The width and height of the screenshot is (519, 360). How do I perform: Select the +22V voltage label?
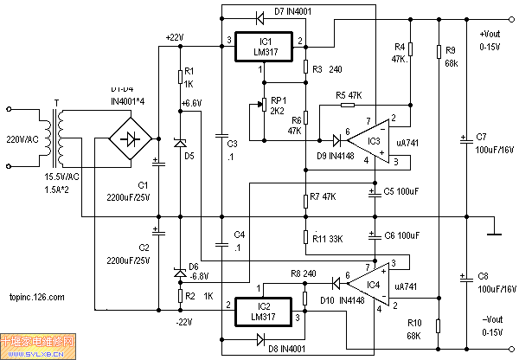pyautogui.click(x=175, y=36)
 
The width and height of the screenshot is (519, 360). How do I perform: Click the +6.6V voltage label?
pyautogui.click(x=192, y=103)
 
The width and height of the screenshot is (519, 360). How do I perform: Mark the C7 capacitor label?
pyautogui.click(x=481, y=137)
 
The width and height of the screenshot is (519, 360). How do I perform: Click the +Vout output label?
pyautogui.click(x=491, y=35)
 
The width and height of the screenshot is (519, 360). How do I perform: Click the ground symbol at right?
pyautogui.click(x=493, y=231)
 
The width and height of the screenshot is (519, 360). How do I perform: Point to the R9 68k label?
pyautogui.click(x=451, y=57)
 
